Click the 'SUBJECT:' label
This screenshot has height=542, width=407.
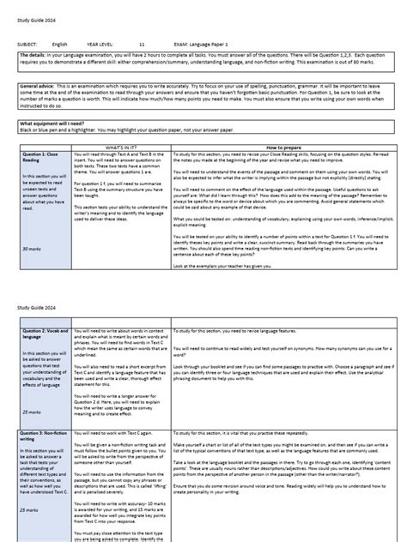click(26, 41)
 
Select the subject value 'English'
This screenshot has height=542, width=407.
click(60, 41)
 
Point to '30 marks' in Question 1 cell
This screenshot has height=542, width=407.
click(32, 247)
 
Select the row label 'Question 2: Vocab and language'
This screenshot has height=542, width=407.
click(45, 331)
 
